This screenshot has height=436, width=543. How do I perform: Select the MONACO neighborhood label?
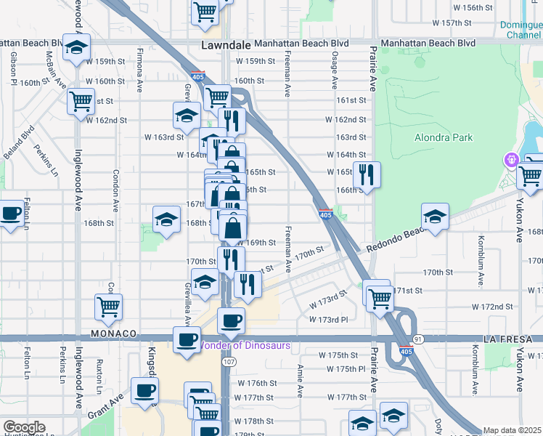click(114, 333)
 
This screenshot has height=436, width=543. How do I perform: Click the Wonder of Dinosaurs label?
click(245, 345)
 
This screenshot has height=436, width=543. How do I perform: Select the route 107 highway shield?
click(230, 361)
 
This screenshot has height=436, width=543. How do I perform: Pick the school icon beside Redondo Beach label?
click(435, 216)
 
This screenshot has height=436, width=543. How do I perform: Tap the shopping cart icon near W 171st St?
click(378, 296)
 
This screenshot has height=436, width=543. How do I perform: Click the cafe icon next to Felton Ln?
click(11, 214)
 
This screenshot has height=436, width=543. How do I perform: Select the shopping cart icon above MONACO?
click(108, 307)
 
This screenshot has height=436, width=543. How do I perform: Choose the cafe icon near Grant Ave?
click(144, 390)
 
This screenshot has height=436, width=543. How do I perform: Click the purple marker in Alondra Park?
click(512, 159)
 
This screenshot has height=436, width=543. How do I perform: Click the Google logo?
click(23, 427)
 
